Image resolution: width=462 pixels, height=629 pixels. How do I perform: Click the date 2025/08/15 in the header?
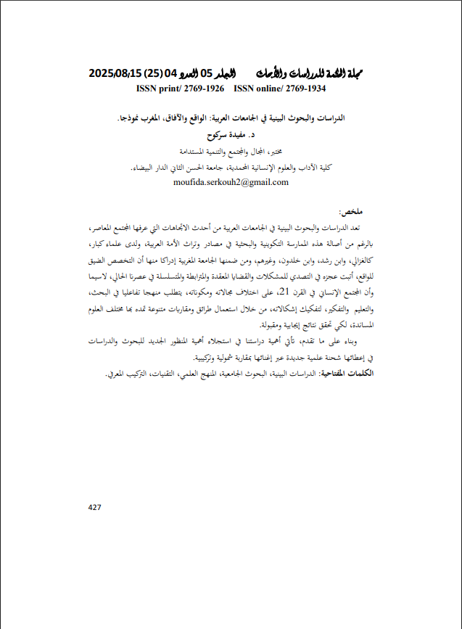pos(115,74)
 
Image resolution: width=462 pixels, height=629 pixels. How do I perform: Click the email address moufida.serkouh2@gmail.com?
pos(231,182)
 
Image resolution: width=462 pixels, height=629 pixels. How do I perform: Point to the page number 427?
pos(94,507)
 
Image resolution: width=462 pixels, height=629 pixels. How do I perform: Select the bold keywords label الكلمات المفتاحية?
pos(360,374)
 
